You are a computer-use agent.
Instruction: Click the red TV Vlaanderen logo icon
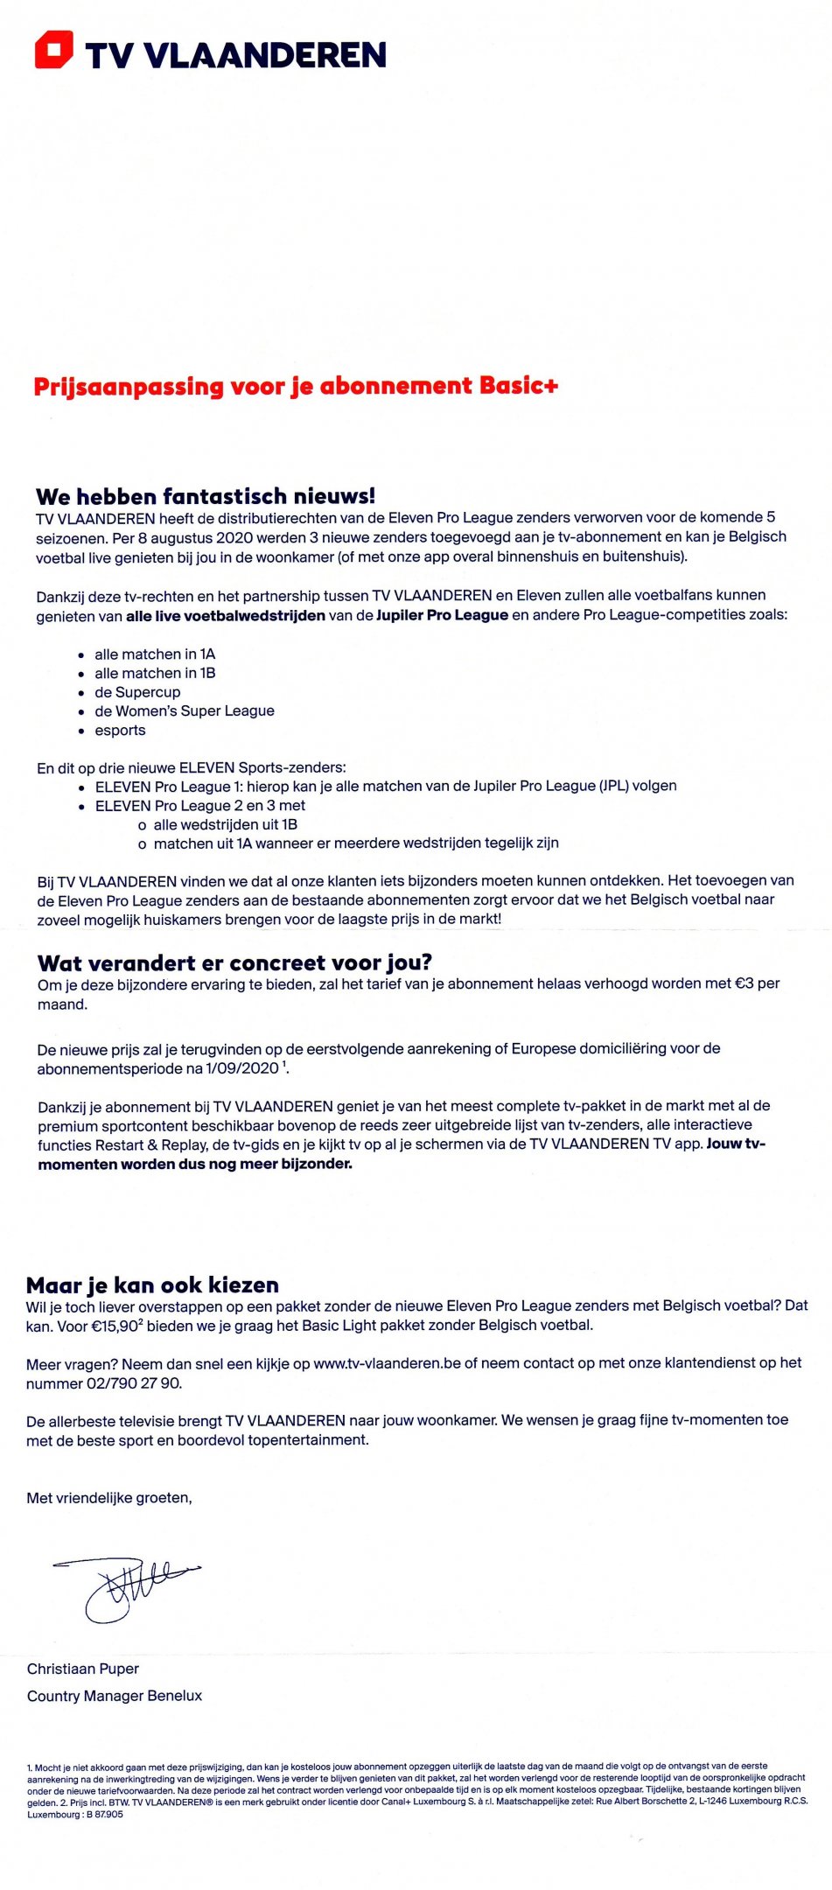pyautogui.click(x=53, y=49)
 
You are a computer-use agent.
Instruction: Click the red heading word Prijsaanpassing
pyautogui.click(x=129, y=386)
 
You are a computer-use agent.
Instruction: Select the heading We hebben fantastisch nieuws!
pyautogui.click(x=206, y=496)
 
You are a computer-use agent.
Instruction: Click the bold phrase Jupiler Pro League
pyautogui.click(x=442, y=615)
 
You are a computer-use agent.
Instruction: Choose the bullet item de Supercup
pyautogui.click(x=137, y=692)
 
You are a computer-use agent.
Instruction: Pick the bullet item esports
pyautogui.click(x=120, y=731)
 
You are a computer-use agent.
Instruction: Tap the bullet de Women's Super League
pyautogui.click(x=185, y=711)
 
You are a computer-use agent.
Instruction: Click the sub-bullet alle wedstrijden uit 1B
pyautogui.click(x=226, y=824)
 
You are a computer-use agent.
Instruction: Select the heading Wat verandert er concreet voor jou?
pyautogui.click(x=234, y=963)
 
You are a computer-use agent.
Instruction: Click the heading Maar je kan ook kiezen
pyautogui.click(x=152, y=1285)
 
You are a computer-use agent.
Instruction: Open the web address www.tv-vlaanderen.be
pyautogui.click(x=387, y=1363)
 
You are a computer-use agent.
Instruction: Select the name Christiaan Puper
pyautogui.click(x=83, y=1669)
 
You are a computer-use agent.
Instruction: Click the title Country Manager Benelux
pyautogui.click(x=115, y=1696)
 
